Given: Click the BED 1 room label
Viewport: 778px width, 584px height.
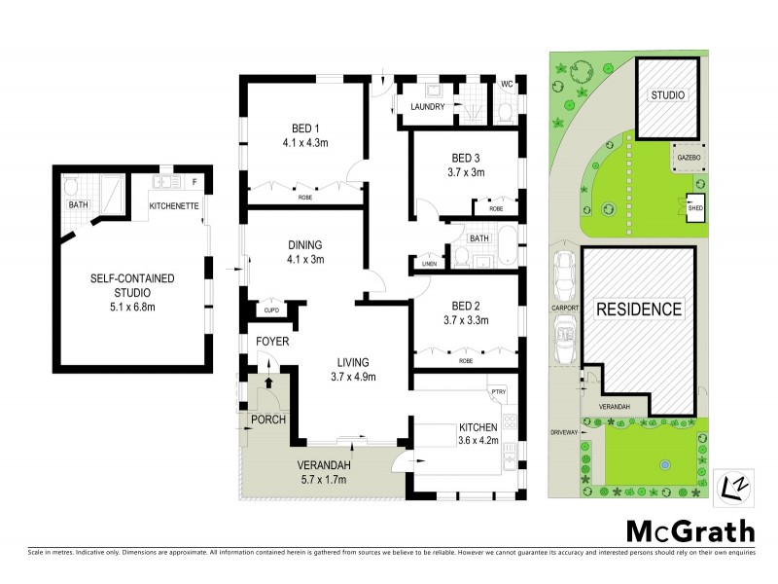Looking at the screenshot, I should tap(306, 128).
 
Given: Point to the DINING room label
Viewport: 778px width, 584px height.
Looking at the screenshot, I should tap(304, 245).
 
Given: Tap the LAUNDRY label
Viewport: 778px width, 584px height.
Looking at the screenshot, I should tap(428, 107).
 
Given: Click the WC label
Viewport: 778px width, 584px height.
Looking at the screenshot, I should tap(506, 85).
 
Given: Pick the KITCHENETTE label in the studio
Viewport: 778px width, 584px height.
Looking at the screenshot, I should tap(175, 205).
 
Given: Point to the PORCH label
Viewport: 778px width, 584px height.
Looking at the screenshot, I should tap(267, 420).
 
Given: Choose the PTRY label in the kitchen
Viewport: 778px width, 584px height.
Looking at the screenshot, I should tap(499, 391).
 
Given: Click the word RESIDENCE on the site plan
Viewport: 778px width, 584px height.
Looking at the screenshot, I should tap(639, 310).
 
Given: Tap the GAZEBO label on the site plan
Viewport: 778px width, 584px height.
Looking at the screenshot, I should tap(687, 156).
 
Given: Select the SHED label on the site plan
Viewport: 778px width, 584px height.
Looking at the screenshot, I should tap(696, 206).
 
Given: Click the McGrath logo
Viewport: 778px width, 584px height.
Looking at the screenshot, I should tap(690, 530).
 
